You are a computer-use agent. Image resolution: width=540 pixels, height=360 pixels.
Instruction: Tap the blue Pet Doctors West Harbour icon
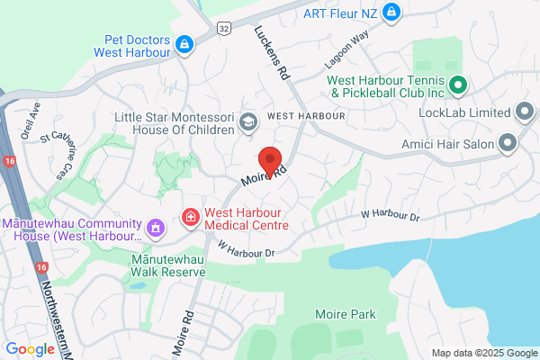coord(184,43)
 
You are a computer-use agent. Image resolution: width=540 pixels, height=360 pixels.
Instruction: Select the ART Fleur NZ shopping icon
coord(391,13)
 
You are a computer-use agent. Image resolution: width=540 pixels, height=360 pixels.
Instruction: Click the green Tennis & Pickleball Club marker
coord(456,85)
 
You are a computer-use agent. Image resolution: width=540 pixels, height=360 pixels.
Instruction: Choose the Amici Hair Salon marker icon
coord(508,142)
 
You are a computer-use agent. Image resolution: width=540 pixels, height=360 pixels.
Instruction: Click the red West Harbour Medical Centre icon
coord(190,217)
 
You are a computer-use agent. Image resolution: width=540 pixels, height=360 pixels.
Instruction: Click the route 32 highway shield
coord(222,29)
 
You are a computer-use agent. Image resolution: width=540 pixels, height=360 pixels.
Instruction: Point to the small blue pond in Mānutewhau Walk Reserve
coord(136,286)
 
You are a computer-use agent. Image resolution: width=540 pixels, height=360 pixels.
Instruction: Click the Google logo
coord(30,349)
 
